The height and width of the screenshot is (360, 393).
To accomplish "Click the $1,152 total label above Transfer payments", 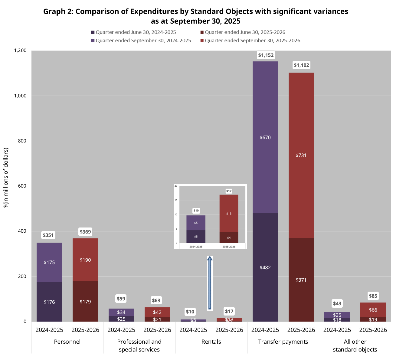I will point(266,55).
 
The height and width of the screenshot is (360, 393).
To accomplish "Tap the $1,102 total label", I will point(302,65).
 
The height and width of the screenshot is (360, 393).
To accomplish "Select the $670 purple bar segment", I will point(265,137).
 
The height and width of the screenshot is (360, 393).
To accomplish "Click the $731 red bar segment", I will point(301,155).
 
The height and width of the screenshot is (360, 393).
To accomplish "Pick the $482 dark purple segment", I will point(265,267).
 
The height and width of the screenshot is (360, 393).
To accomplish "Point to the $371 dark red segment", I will point(301,280).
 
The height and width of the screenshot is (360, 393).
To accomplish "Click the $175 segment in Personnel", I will point(49,262).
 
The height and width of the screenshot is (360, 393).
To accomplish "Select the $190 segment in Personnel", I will point(85,260).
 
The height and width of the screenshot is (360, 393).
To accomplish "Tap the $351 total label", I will point(48,235).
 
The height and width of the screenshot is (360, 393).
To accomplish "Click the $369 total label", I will point(85,232).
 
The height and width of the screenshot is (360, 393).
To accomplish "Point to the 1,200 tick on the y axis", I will point(20,51).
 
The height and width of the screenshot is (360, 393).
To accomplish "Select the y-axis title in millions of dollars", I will point(6,178).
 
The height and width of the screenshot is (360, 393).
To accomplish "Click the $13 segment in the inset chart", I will point(229,214).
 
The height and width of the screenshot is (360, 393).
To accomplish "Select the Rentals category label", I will point(211,342).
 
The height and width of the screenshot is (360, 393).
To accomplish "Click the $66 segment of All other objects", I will point(373,310).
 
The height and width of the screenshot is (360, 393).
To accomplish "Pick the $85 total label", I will point(373,296).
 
